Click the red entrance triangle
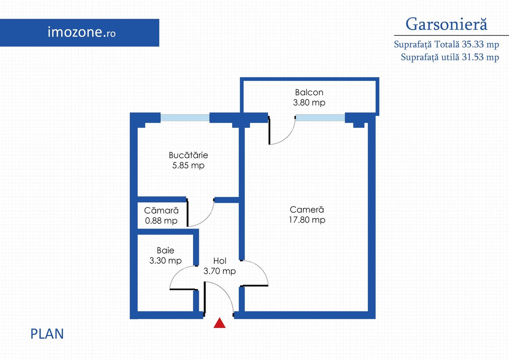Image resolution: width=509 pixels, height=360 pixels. click(x=220, y=323)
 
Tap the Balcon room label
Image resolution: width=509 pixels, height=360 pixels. click(x=309, y=92)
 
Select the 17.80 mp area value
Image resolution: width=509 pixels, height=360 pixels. click(x=307, y=220)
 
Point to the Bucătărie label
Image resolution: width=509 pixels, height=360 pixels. click(x=188, y=155)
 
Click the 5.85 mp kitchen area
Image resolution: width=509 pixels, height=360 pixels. click(x=188, y=165)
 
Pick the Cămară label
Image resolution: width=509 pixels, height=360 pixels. click(x=161, y=210)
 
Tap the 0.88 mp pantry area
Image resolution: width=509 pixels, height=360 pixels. click(x=161, y=221)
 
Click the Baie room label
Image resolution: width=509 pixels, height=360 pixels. click(x=166, y=250)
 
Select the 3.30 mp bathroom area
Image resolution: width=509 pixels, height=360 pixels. click(x=166, y=261)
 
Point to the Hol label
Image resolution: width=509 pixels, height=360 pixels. click(x=220, y=261)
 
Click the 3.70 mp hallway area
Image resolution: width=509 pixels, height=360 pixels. click(x=220, y=271)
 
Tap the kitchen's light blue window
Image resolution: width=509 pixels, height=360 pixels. click(x=185, y=118)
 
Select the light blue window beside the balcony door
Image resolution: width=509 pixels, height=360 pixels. click(x=320, y=118)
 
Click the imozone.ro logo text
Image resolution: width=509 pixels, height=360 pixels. click(x=82, y=32)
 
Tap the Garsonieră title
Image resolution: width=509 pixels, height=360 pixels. click(x=446, y=24)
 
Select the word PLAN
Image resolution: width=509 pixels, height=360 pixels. click(x=47, y=334)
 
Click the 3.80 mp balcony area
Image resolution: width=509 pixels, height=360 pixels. click(x=309, y=103)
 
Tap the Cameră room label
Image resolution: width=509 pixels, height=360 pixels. click(x=307, y=210)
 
